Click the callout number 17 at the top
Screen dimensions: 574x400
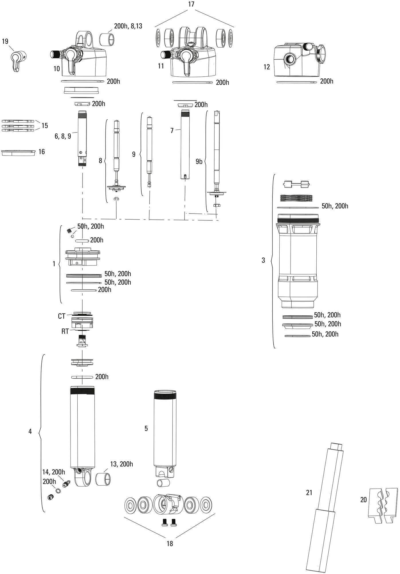click(191, 4)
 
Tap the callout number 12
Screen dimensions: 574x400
click(266, 67)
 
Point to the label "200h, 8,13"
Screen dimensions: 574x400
click(128, 26)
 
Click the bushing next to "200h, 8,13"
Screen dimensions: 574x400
click(107, 39)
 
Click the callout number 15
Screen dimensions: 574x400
click(44, 126)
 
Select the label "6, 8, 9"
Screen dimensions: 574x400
click(63, 136)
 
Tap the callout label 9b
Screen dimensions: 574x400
click(199, 162)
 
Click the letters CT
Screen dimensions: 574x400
click(62, 316)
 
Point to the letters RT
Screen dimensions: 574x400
click(65, 331)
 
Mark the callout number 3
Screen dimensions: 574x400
click(263, 260)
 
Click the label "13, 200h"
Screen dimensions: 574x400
click(121, 464)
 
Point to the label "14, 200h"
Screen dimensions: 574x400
click(54, 472)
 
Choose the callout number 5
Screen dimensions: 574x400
click(146, 428)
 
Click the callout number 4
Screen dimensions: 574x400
click(30, 431)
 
